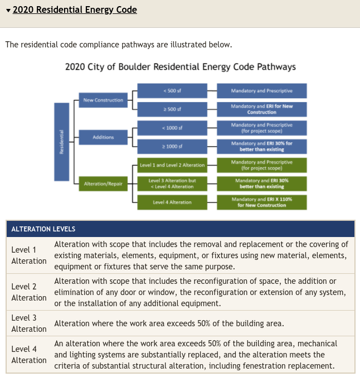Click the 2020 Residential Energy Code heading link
[x=75, y=10]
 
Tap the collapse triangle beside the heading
[x=8, y=11]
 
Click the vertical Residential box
[x=61, y=142]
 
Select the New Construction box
[x=103, y=100]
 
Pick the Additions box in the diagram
[x=103, y=137]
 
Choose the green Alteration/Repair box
[x=103, y=183]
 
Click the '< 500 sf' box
[x=172, y=91]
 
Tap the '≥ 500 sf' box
[x=172, y=109]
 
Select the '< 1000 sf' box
[x=172, y=128]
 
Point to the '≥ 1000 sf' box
[x=172, y=146]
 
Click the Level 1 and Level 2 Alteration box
[x=172, y=165]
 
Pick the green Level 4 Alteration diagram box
[x=172, y=202]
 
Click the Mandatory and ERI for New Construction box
[x=261, y=109]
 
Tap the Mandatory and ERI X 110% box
[x=261, y=202]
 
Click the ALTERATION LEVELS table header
[x=43, y=229]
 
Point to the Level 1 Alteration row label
[x=29, y=255]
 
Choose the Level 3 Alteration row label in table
[x=29, y=323]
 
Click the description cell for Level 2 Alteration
[x=201, y=292]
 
